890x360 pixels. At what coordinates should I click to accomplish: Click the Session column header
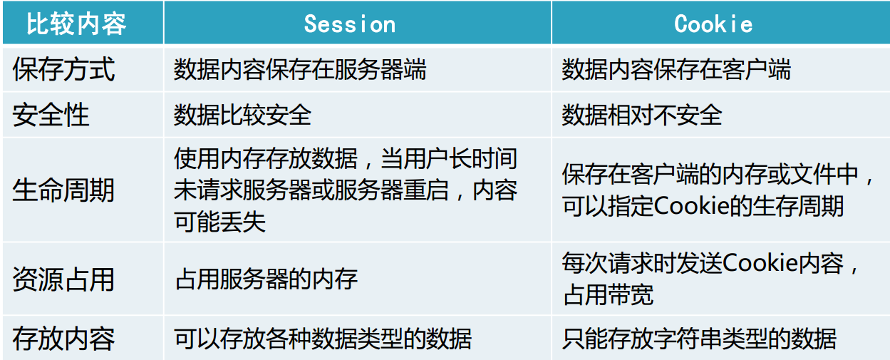pyautogui.click(x=350, y=24)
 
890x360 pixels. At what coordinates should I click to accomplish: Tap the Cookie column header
pyautogui.click(x=713, y=24)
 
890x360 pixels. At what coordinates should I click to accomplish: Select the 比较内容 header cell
pyautogui.click(x=76, y=24)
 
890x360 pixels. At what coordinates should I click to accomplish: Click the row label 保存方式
pyautogui.click(x=63, y=69)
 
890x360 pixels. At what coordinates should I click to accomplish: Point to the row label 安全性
pyautogui.click(x=51, y=115)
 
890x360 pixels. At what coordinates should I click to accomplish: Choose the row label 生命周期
pyautogui.click(x=63, y=190)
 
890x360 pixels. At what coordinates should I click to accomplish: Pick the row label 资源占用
pyautogui.click(x=63, y=279)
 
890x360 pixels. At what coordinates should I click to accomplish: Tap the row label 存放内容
pyautogui.click(x=63, y=339)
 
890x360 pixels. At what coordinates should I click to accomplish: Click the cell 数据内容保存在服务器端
pyautogui.click(x=300, y=69)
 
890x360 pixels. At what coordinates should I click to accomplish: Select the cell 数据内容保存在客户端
pyautogui.click(x=676, y=69)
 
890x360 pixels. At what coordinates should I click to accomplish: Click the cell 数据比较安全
pyautogui.click(x=242, y=115)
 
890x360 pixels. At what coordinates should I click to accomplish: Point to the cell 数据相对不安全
pyautogui.click(x=642, y=115)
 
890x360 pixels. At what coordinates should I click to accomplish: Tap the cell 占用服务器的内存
pyautogui.click(x=266, y=279)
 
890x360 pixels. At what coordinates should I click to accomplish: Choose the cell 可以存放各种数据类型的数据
pyautogui.click(x=323, y=339)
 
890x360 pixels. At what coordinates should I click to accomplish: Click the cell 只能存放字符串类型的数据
pyautogui.click(x=699, y=339)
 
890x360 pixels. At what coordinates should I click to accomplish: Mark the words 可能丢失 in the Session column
pyautogui.click(x=219, y=221)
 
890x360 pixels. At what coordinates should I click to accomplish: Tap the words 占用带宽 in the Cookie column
pyautogui.click(x=608, y=294)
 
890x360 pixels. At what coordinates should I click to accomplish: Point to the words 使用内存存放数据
pyautogui.click(x=266, y=158)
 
